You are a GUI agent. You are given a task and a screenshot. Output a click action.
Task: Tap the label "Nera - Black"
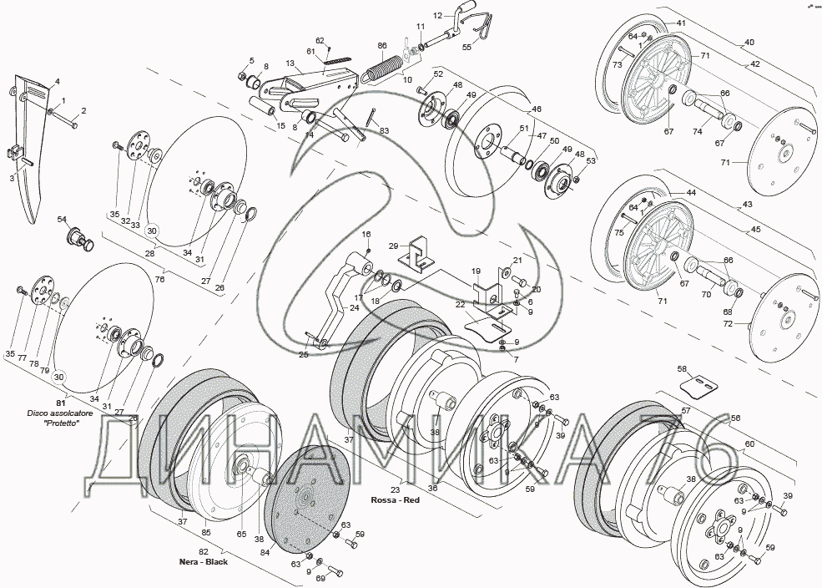[204, 562]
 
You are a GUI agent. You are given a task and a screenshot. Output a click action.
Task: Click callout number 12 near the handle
[437, 16]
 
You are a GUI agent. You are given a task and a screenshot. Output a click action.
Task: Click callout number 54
[62, 219]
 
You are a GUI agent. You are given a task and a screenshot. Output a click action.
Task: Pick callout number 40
[749, 42]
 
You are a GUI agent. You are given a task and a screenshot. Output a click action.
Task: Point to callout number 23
[395, 490]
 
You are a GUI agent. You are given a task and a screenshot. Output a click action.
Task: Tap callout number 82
[203, 553]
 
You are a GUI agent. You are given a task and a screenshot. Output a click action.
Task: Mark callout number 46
[537, 109]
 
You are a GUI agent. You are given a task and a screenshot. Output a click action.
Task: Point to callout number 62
[320, 40]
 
